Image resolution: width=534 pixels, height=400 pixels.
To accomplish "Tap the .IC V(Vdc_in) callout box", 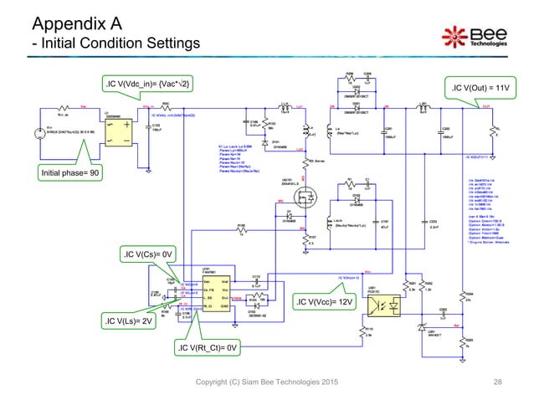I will coord(147,84).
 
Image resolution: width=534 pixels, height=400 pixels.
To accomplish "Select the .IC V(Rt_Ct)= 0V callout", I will coord(208,346).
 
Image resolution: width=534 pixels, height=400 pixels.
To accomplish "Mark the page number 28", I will coord(498,382).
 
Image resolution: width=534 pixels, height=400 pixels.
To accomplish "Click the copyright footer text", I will coord(266,382).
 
